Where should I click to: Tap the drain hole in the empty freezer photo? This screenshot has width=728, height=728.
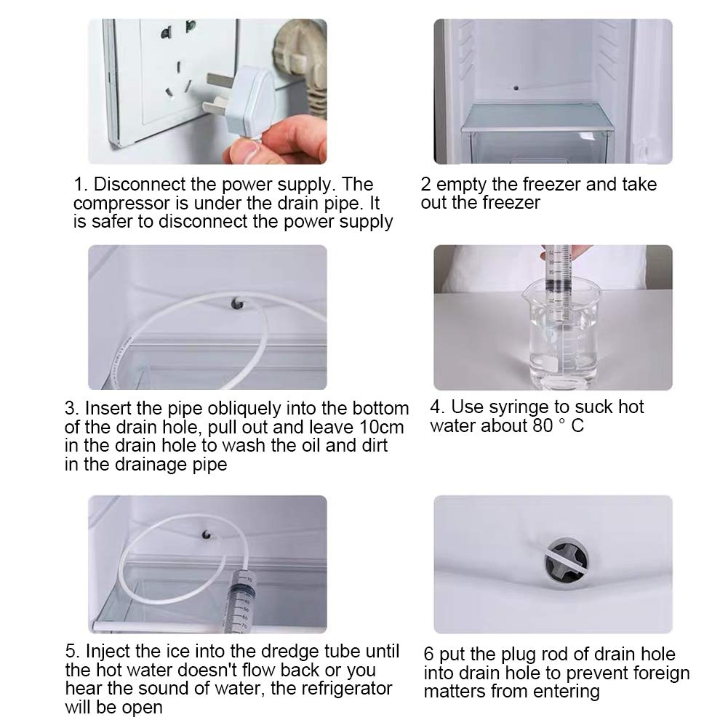click(516, 88)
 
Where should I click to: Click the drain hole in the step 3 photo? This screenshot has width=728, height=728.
click(237, 304)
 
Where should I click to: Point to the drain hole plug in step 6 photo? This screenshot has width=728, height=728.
click(567, 563)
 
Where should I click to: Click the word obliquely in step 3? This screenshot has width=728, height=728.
click(244, 409)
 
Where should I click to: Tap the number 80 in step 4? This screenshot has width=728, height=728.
click(542, 425)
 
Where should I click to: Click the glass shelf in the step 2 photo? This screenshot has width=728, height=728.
click(535, 117)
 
